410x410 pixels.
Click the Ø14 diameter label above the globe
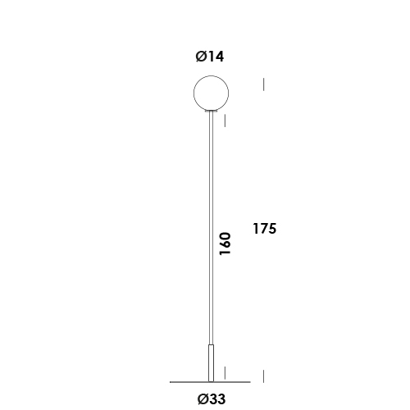tap(210, 57)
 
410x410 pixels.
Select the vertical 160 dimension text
tap(225, 245)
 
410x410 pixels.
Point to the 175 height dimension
tap(264, 229)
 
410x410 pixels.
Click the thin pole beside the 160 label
tap(211, 230)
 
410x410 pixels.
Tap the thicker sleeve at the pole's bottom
tap(211, 363)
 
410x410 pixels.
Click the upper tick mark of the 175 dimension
tap(263, 84)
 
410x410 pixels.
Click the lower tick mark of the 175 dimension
tap(263, 376)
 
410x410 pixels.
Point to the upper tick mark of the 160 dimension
tap(225, 120)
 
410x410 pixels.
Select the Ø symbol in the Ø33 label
tap(201, 400)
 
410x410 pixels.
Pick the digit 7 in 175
tap(264, 229)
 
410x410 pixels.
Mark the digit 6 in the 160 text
tap(225, 245)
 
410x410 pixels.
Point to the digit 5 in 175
tap(272, 229)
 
